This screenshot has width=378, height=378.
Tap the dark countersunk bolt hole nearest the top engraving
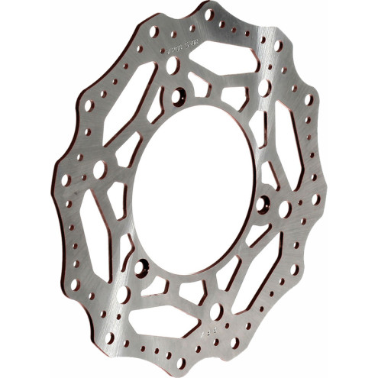(x=180, y=95)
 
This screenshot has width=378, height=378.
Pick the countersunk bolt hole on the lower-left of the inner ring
(x=142, y=267)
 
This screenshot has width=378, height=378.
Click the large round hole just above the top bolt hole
(x=173, y=66)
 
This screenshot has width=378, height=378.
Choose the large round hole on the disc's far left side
(x=99, y=169)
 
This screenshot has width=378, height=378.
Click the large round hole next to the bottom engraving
(x=216, y=311)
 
